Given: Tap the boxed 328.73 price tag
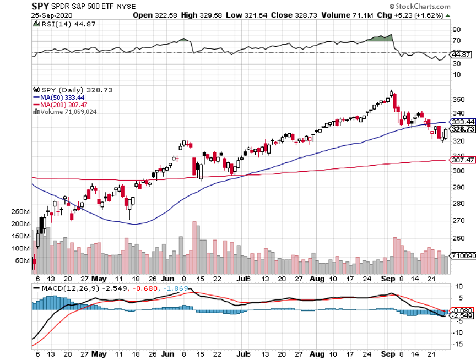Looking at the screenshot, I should tap(462, 129).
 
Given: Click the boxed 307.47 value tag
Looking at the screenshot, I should tap(462, 160).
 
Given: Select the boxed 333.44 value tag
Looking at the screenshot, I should tap(462, 122).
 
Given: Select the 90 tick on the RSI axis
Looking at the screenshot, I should tap(456, 29).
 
